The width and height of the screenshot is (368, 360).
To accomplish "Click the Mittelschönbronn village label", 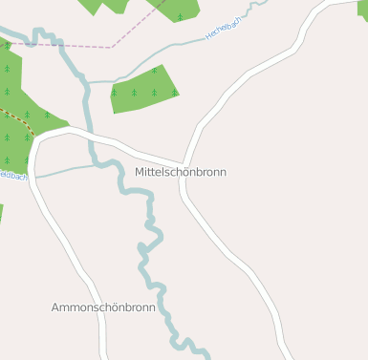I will (x=181, y=172).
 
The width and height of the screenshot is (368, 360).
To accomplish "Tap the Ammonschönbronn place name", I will (x=102, y=307).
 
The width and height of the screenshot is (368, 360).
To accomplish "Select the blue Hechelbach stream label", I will (x=225, y=31).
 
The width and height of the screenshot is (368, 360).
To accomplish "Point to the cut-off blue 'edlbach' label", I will (x=13, y=176).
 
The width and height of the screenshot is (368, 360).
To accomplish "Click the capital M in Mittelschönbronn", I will (x=141, y=172).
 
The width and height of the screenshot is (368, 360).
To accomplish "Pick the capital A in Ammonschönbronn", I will (x=55, y=307).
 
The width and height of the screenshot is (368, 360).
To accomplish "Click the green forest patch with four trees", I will (x=143, y=89).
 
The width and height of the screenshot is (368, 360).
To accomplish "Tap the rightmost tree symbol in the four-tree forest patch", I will (x=174, y=93).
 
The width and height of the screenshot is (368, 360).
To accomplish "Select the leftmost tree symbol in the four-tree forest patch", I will (x=114, y=93).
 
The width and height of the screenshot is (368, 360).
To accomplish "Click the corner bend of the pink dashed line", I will (x=111, y=47).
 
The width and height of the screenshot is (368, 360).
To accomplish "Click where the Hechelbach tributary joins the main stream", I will (x=88, y=82).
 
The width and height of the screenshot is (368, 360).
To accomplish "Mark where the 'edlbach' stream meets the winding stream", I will (x=98, y=164).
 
